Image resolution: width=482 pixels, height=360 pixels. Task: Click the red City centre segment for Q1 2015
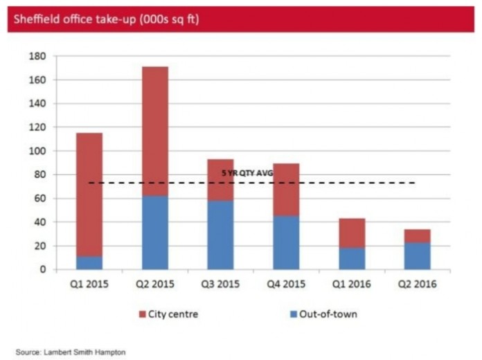click(89, 194)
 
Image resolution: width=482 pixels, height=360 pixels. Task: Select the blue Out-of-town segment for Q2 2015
click(155, 233)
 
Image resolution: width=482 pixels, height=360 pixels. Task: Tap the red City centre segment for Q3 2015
click(220, 180)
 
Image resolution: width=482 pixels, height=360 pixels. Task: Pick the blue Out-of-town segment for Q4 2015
click(286, 242)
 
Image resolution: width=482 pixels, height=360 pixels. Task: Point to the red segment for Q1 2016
click(352, 233)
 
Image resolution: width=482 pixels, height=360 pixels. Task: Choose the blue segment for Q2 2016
click(417, 255)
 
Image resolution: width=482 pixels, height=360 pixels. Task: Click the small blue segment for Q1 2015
click(89, 263)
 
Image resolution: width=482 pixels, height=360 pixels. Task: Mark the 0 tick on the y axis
click(42, 269)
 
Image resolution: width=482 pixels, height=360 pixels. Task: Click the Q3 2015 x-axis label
click(220, 285)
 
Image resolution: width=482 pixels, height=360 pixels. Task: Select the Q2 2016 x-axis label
click(417, 285)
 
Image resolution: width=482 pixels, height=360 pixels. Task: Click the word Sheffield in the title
click(37, 19)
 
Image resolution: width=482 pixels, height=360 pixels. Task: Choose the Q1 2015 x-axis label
click(89, 285)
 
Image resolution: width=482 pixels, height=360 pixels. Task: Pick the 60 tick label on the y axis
click(39, 199)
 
